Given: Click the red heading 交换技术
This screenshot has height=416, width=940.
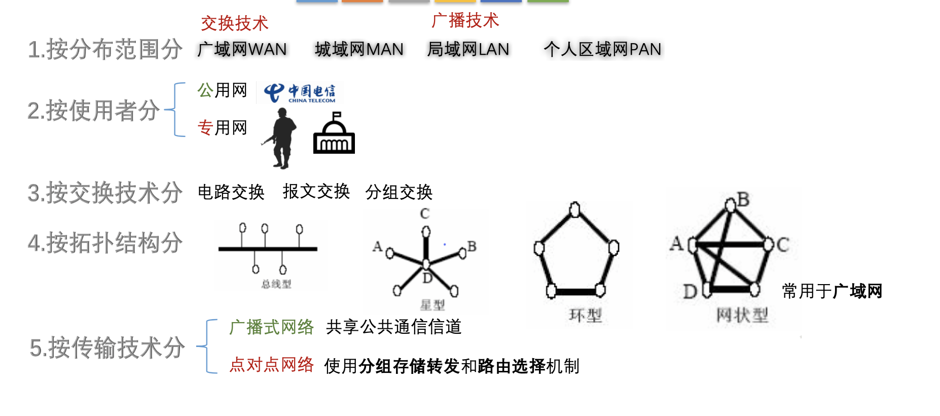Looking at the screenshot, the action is point(235,23).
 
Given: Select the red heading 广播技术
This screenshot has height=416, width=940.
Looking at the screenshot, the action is point(465,20).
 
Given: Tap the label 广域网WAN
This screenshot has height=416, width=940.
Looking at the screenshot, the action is point(242,49).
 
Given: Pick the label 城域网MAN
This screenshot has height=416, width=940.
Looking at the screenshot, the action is point(359,49).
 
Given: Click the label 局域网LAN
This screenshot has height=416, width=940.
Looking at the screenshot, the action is point(468,49).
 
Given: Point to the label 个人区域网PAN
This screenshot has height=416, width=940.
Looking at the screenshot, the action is point(602,49).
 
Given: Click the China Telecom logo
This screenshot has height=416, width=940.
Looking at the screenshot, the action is point(300,93).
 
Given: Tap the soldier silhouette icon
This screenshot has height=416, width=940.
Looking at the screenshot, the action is point(279,138).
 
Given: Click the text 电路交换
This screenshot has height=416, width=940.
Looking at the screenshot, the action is point(231,192).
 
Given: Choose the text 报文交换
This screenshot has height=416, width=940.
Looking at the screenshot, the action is point(316,191).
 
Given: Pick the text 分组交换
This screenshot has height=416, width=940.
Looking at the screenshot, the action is point(399,192).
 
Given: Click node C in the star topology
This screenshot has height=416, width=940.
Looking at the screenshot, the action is point(426,232).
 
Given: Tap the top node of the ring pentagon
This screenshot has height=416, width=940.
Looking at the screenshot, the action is point(574,209).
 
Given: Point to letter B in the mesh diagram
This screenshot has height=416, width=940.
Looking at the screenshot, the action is point(743,199).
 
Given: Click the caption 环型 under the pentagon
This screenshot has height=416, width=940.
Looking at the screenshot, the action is point(586,316).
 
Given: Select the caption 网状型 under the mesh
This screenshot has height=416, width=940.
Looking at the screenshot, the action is point(742,315).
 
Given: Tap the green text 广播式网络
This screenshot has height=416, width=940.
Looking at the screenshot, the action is point(272,327).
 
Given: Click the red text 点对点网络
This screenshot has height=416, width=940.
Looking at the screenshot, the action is point(272,365).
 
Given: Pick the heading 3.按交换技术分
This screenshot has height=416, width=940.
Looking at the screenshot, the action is point(105,193).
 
